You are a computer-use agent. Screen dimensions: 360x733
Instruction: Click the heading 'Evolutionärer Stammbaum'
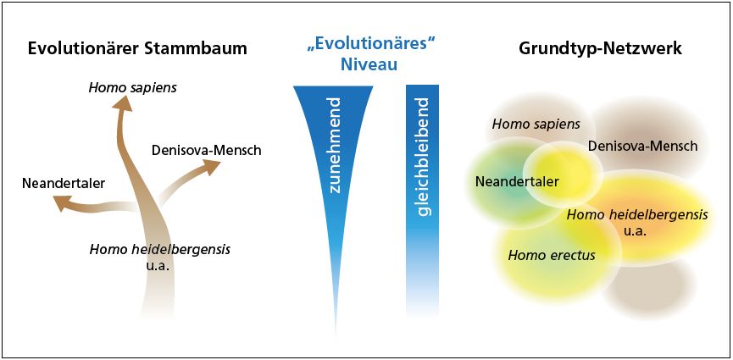click(x=137, y=48)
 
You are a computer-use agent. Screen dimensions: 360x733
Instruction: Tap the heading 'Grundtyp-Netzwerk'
click(x=600, y=48)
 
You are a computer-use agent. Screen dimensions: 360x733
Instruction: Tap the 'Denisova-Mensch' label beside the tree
click(x=206, y=151)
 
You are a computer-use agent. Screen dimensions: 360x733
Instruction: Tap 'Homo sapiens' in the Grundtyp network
click(x=536, y=125)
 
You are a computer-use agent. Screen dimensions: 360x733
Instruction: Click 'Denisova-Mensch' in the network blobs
click(x=642, y=146)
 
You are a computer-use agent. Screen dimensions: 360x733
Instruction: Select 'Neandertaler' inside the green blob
click(x=517, y=181)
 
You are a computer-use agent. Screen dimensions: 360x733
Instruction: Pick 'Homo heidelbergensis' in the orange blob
click(x=636, y=214)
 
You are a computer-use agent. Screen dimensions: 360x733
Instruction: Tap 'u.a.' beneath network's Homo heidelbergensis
click(x=636, y=230)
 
